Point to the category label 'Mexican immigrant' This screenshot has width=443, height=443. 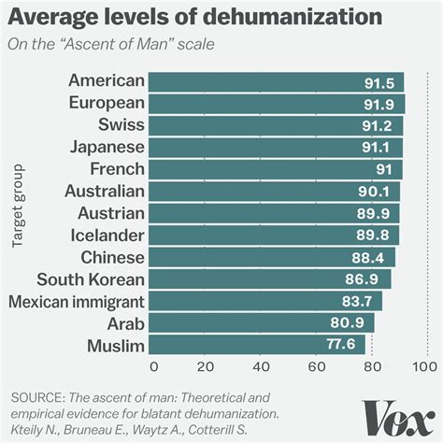pos(76,301)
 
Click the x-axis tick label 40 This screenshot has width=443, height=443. pos(263,366)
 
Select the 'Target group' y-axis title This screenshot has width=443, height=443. pos(18,207)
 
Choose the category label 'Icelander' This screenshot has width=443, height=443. pos(108,235)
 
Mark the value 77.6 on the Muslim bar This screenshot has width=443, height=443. pos(343,346)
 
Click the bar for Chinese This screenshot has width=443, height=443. pos(272,257)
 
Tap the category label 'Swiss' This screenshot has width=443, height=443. pos(121,124)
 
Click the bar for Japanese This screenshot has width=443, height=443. pos(276,147)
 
